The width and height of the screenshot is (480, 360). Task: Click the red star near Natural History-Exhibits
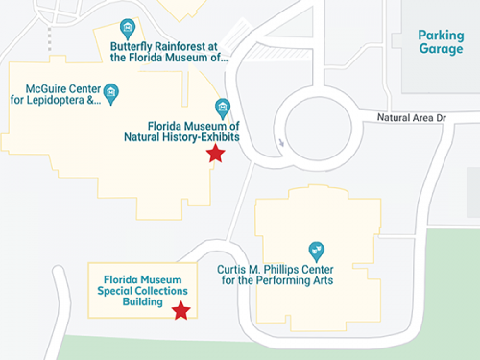tap(216, 154)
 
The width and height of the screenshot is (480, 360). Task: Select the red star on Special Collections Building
tap(180, 310)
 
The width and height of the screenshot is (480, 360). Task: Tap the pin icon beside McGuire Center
tap(112, 92)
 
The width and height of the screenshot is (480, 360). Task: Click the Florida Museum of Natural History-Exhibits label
tap(193, 132)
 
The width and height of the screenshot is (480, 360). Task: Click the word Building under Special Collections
tap(143, 301)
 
